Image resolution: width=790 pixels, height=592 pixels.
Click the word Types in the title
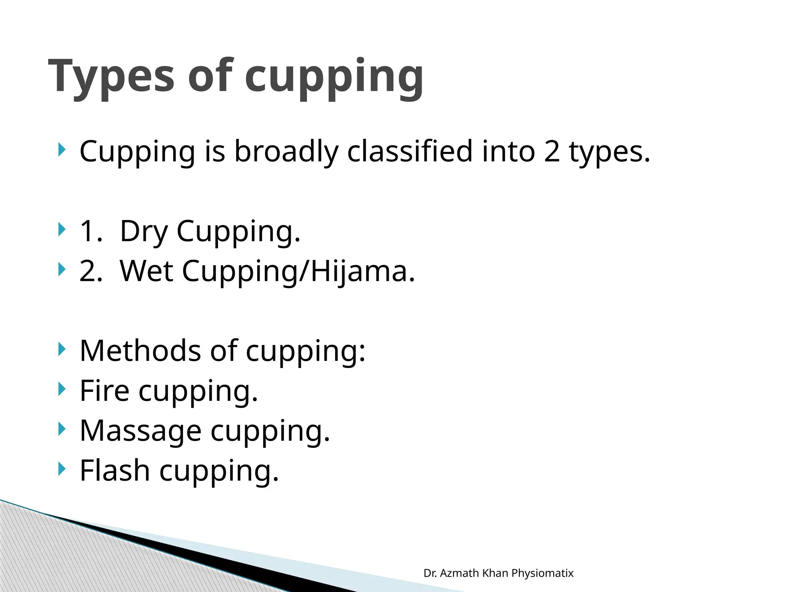click(111, 77)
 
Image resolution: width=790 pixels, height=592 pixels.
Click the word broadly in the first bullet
click(286, 151)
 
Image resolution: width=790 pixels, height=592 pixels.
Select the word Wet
click(146, 271)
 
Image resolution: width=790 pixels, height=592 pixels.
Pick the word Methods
click(140, 351)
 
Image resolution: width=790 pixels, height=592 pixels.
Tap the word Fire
click(104, 391)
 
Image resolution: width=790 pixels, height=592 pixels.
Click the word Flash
click(115, 471)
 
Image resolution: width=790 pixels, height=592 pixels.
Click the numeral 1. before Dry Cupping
click(91, 232)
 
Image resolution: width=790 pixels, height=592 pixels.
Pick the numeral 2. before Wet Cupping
click(91, 271)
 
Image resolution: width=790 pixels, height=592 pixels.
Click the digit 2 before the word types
click(552, 151)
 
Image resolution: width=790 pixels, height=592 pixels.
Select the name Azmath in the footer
click(459, 573)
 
